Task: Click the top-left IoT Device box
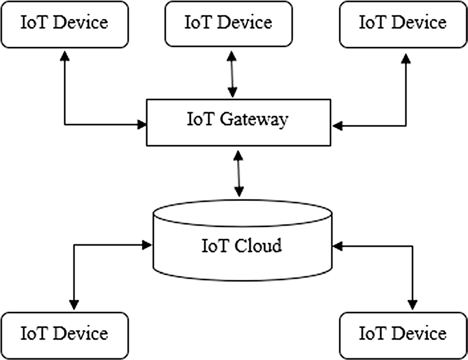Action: click(x=64, y=23)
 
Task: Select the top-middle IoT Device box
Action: click(x=228, y=23)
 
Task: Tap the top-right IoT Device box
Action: click(x=403, y=23)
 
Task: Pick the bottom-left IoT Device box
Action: click(x=64, y=334)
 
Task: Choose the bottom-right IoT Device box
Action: click(x=403, y=334)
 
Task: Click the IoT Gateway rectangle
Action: click(x=238, y=122)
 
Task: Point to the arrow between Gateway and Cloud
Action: click(x=239, y=173)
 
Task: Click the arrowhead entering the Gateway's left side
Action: click(x=142, y=124)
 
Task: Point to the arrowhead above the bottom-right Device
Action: click(x=411, y=305)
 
